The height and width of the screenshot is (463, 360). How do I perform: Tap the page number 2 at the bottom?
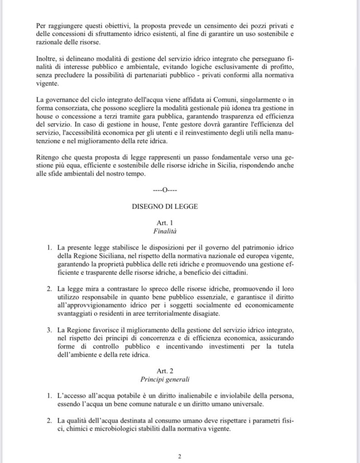point(180,456)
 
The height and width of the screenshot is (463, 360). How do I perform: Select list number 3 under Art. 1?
point(50,330)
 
